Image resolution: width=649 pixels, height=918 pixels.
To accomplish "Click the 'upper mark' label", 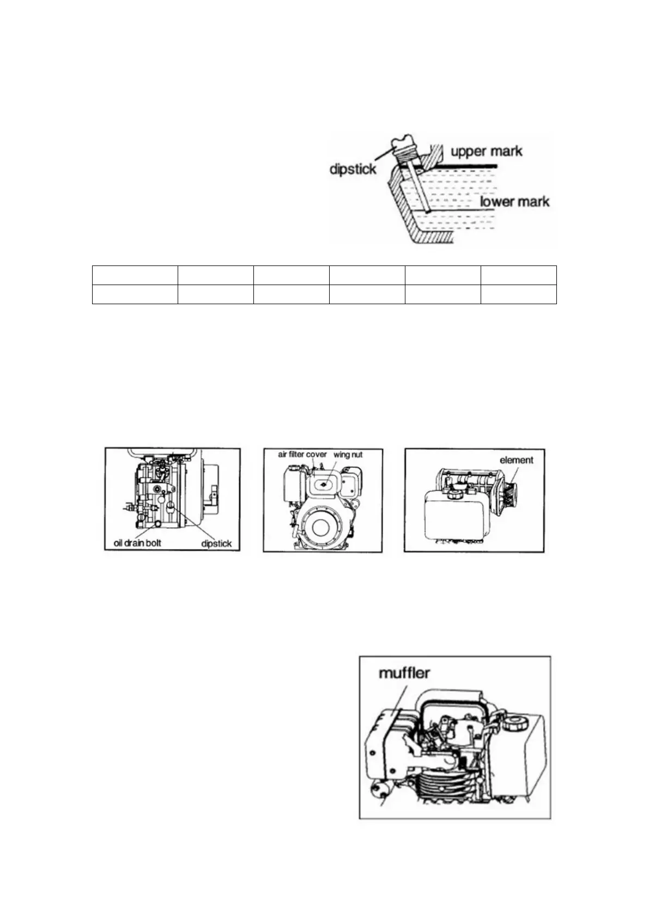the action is (x=486, y=151).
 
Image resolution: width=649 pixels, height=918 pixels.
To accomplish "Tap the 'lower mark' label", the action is (x=514, y=202).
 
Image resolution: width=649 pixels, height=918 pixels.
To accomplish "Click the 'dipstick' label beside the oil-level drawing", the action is (x=353, y=169).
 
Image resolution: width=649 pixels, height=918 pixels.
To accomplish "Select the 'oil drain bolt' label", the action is (x=134, y=543).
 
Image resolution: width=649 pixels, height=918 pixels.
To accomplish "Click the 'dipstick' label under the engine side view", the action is (x=216, y=543).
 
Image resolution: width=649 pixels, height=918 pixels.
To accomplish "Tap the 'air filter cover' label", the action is (x=302, y=454).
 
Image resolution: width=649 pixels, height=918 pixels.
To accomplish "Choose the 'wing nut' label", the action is (x=348, y=454).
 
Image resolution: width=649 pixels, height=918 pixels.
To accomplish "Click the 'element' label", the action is (x=516, y=460).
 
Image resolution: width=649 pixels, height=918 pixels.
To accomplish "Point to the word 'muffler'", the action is (x=404, y=673).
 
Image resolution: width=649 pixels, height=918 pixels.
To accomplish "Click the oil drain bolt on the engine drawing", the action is (x=157, y=524).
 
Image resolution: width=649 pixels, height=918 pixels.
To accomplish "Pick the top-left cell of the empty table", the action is (x=135, y=275).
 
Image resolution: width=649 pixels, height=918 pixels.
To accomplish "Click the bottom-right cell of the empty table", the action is (x=518, y=294).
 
